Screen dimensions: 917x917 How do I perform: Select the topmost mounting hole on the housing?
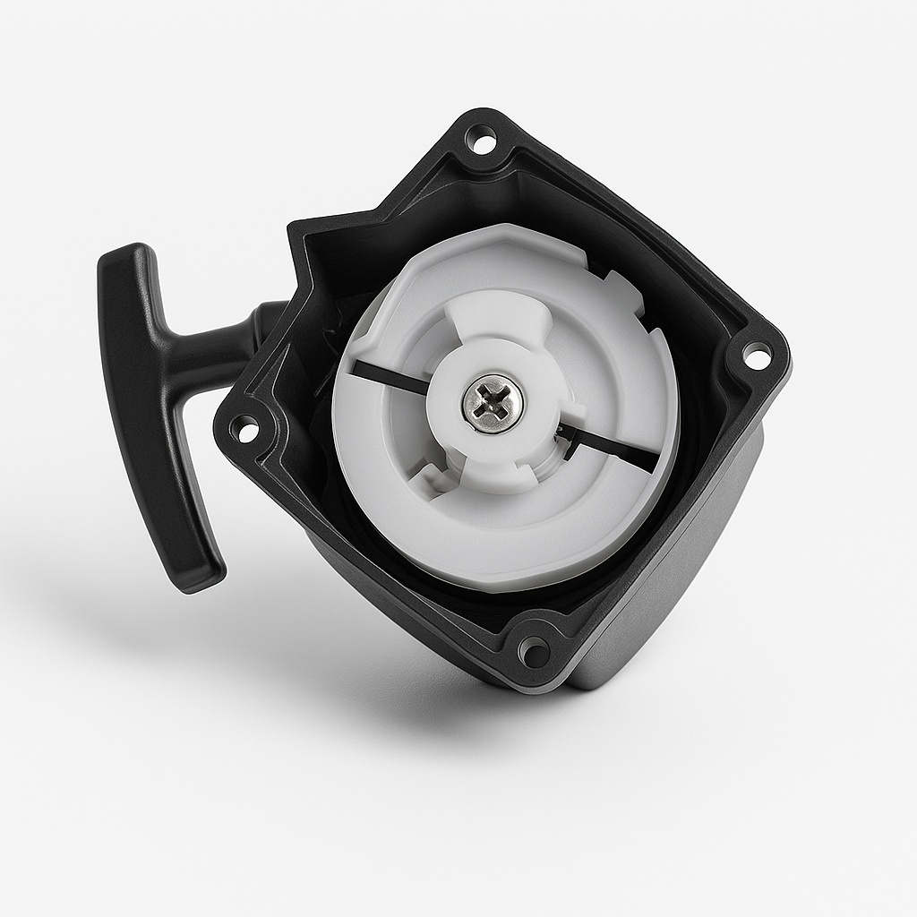(481, 140)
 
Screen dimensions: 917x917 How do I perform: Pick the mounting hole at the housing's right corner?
(756, 356)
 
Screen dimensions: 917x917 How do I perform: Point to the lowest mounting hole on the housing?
(534, 651)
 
